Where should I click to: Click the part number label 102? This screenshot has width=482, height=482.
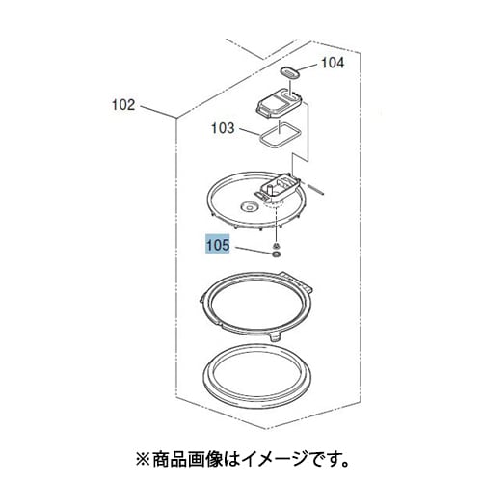point(123,105)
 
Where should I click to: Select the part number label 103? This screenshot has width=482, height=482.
point(223,128)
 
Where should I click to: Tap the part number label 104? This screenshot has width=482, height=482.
point(333,63)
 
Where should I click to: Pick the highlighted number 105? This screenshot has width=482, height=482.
point(218,245)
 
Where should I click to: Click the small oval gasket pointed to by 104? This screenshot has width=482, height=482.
point(290,72)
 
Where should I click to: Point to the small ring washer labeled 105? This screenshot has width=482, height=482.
point(276,255)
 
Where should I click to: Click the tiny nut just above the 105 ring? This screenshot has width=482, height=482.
point(276,246)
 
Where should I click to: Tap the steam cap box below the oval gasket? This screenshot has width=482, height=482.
point(280,104)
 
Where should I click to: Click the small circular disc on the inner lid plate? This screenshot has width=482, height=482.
point(249,207)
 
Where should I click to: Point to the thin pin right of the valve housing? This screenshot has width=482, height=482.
point(316,189)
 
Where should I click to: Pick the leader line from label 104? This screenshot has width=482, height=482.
point(308,67)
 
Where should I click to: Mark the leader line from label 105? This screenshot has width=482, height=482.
point(254,251)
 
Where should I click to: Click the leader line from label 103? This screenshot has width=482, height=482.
point(250,132)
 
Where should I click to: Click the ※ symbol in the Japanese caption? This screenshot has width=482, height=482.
point(143,460)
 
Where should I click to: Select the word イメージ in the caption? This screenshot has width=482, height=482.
point(274,460)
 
